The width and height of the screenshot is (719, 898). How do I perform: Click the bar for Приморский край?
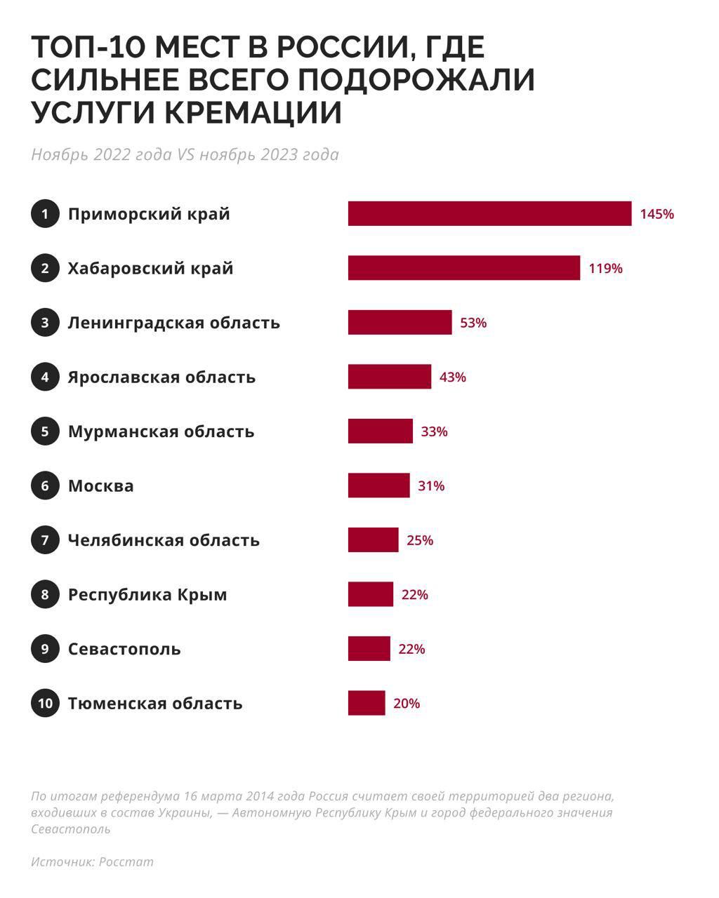[489, 213]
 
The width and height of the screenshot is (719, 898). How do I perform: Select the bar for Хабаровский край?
[463, 268]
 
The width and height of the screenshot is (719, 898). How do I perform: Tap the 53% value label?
[473, 323]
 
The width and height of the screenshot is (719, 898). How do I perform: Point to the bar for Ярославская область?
[389, 377]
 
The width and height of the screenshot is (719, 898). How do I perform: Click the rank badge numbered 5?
[45, 431]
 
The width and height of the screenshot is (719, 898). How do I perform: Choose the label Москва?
[100, 485]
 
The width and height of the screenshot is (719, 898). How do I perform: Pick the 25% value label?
[420, 540]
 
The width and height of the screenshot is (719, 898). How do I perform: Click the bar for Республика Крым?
[370, 594]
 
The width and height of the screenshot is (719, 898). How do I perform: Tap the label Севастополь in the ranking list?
[124, 649]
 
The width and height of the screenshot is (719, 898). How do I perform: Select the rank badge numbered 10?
[45, 703]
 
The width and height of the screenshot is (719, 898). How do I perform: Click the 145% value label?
[657, 214]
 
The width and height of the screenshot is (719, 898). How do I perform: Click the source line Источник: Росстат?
[92, 862]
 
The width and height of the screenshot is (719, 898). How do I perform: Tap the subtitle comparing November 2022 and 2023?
[185, 154]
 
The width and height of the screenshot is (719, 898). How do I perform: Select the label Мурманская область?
[161, 431]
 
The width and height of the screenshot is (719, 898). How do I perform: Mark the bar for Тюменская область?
[366, 703]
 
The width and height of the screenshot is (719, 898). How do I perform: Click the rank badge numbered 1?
[45, 213]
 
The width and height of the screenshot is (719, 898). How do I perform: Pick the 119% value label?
[605, 268]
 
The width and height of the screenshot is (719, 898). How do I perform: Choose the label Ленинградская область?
[173, 323]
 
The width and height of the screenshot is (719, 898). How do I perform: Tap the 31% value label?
[431, 485]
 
